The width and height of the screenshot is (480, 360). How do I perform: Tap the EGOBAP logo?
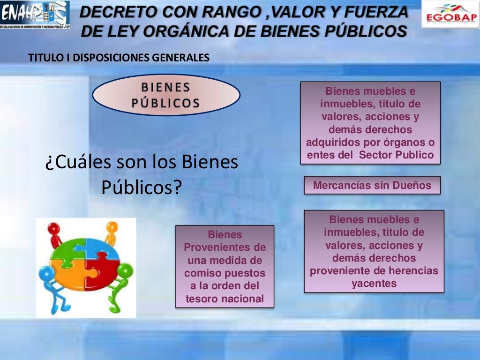pyautogui.click(x=450, y=15)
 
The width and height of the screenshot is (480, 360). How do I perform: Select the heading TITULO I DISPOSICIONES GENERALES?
pyautogui.click(x=119, y=58)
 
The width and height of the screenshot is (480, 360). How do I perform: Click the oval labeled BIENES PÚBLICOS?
pyautogui.click(x=166, y=95)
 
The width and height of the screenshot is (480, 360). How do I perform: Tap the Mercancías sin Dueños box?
pyautogui.click(x=372, y=185)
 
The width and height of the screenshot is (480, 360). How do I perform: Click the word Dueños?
pyautogui.click(x=412, y=185)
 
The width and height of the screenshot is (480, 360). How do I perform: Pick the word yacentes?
pyautogui.click(x=374, y=283)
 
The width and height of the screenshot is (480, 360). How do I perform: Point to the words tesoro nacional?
pyautogui.click(x=225, y=299)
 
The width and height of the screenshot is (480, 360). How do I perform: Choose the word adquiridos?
pyautogui.click(x=333, y=142)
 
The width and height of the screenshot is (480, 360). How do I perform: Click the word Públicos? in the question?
pyautogui.click(x=142, y=187)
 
